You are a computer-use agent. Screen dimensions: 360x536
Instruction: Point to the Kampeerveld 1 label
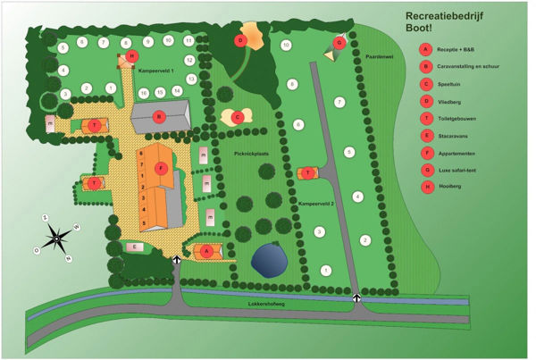pos(155,70)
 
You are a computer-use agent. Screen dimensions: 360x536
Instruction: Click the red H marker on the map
pos(131,55)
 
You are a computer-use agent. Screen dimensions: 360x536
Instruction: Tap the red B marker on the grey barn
pos(158,116)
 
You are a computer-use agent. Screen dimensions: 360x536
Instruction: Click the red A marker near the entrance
pos(207,252)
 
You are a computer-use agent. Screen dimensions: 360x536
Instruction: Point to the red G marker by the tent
pos(339,42)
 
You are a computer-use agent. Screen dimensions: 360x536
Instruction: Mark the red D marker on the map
pos(240,40)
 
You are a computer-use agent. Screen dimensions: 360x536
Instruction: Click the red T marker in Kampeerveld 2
pos(307,172)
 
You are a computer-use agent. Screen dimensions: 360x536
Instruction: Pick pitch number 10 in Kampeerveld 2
pos(286,45)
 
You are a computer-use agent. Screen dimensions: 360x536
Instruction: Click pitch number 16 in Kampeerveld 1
pos(143,92)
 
